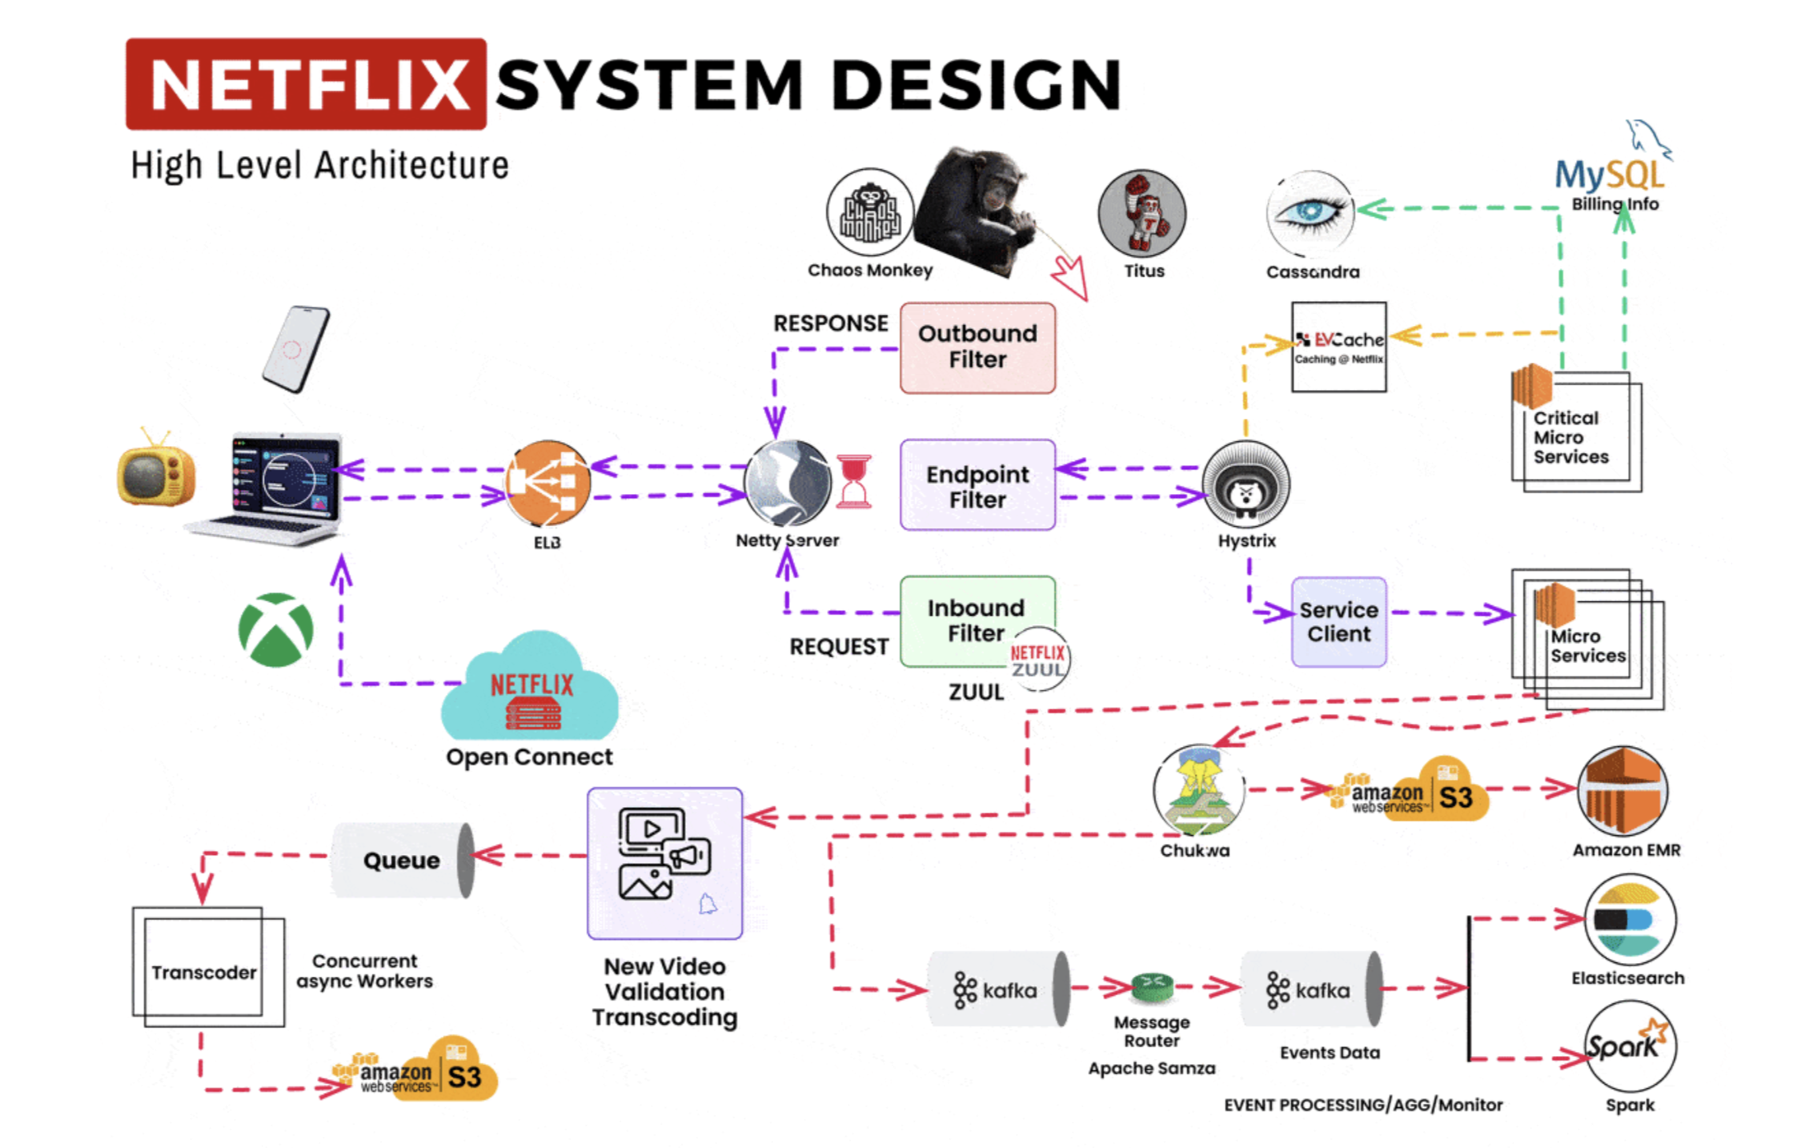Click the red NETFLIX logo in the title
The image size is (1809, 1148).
pos(306,84)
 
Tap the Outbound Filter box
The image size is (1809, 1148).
pos(977,347)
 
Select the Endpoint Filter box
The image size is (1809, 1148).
pos(977,485)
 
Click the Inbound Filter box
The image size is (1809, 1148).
pos(975,620)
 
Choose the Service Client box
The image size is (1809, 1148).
pos(1338,622)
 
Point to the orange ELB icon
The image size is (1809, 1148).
pos(548,482)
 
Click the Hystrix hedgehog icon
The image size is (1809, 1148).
pos(1245,484)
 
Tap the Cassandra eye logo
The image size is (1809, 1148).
pos(1310,212)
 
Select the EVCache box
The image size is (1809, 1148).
pos(1338,347)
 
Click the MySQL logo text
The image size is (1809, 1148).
pos(1608,174)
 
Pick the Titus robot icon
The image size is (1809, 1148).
pos(1141,213)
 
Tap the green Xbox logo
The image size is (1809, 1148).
pos(276,629)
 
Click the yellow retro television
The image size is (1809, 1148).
pos(155,470)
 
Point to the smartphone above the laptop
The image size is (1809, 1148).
pos(295,349)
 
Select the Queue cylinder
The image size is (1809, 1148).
pos(403,860)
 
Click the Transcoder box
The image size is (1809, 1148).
pos(203,971)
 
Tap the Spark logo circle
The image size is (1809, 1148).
pos(1629,1046)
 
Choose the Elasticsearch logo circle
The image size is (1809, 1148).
pos(1629,918)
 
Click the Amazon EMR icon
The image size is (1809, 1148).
pos(1622,791)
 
